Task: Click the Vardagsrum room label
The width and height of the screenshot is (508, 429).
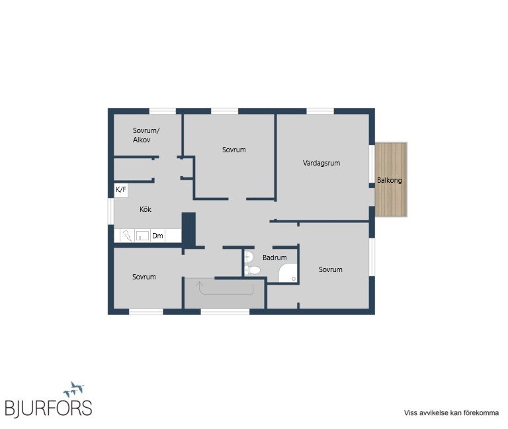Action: pyautogui.click(x=321, y=163)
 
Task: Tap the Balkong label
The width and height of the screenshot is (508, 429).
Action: pyautogui.click(x=390, y=180)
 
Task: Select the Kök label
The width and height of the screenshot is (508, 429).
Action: pyautogui.click(x=146, y=209)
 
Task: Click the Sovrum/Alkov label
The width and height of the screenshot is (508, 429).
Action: pyautogui.click(x=146, y=135)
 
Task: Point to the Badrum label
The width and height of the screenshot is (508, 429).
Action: pyautogui.click(x=275, y=258)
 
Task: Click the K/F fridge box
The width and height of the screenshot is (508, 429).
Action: pyautogui.click(x=121, y=190)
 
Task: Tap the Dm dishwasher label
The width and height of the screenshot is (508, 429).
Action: pyautogui.click(x=157, y=236)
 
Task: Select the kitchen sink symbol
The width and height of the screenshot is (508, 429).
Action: pyautogui.click(x=143, y=236)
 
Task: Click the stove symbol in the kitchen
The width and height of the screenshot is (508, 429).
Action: pyautogui.click(x=127, y=236)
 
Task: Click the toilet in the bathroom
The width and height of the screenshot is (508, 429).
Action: pyautogui.click(x=253, y=270)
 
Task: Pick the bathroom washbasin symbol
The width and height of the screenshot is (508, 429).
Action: pyautogui.click(x=249, y=257)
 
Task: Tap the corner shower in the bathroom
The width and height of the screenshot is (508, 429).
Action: pyautogui.click(x=288, y=273)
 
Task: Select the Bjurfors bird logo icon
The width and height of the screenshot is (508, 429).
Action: pyautogui.click(x=74, y=389)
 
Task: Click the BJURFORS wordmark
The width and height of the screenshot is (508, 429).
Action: pyautogui.click(x=48, y=408)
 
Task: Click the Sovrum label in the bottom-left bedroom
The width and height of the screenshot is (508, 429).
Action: pyautogui.click(x=144, y=277)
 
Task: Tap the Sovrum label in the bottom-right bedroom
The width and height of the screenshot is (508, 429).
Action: pyautogui.click(x=331, y=270)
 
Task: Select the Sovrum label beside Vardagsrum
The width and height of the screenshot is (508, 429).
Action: pyautogui.click(x=234, y=150)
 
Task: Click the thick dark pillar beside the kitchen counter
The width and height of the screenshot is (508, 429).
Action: pyautogui.click(x=189, y=229)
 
